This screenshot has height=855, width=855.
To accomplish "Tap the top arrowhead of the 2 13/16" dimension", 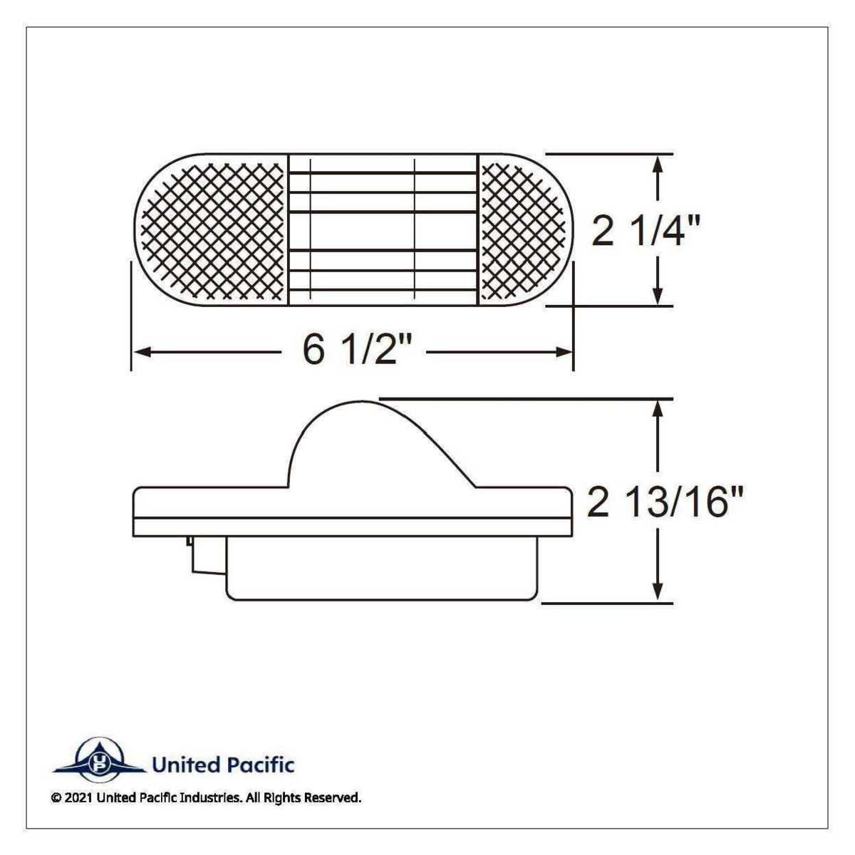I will (x=658, y=408).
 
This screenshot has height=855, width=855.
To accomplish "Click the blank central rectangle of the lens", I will (x=362, y=230).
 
